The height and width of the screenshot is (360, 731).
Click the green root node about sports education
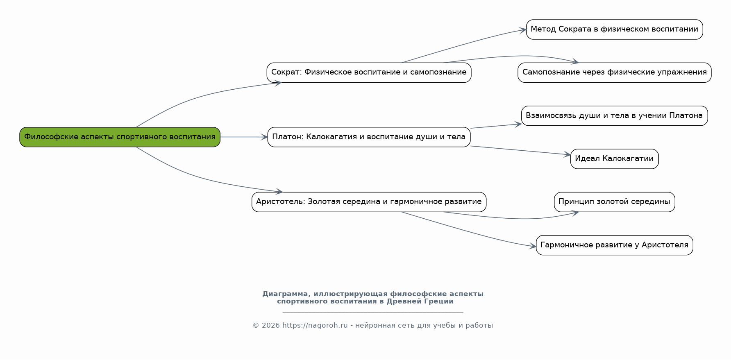120,137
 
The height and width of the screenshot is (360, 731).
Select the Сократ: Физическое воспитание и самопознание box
369,72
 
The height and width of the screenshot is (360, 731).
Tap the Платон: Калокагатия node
369,137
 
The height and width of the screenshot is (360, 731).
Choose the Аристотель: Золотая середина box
369,202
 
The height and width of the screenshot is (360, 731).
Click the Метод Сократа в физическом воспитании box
614,29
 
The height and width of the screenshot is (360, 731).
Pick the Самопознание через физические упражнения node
614,72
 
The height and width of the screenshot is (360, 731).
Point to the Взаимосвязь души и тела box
614,115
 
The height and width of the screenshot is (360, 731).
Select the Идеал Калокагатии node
614,159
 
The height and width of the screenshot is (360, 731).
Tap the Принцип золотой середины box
614,202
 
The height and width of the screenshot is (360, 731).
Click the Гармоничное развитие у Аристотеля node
614,245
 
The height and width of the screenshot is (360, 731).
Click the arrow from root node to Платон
244,137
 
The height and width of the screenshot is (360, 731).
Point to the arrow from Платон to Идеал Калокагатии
520,150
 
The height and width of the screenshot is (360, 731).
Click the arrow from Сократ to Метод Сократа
463,45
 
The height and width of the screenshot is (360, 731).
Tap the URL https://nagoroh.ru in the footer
315,326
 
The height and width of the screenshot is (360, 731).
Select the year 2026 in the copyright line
270,326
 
